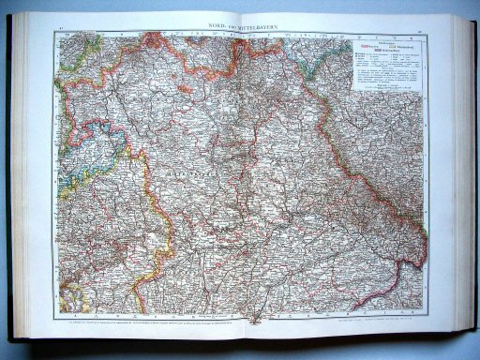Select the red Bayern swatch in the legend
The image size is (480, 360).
pyautogui.click(x=363, y=44)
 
